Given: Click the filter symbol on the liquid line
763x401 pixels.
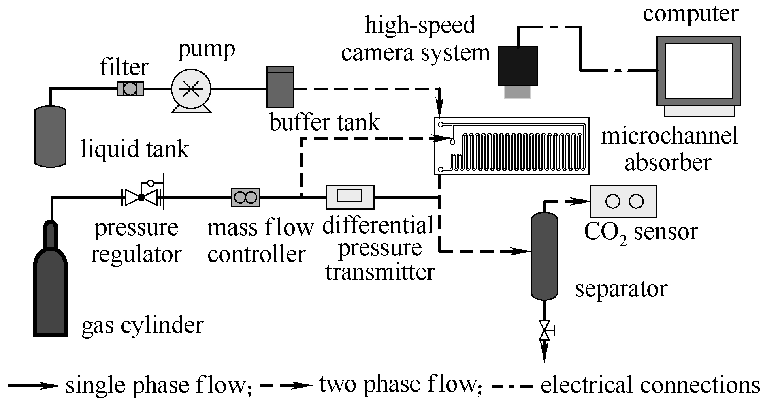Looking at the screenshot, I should (130, 89).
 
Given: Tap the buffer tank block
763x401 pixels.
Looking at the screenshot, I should (280, 87).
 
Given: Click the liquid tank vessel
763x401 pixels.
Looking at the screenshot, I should (50, 136).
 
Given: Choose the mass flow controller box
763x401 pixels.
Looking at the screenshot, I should (245, 197).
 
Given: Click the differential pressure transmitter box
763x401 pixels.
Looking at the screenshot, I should (350, 197).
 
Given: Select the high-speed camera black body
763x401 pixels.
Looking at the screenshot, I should (518, 66).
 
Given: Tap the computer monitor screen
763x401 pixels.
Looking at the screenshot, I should (699, 71).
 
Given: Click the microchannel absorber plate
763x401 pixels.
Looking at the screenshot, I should (512, 146).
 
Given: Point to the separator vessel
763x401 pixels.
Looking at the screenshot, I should (544, 255).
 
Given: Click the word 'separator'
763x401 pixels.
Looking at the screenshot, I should (621, 289).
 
